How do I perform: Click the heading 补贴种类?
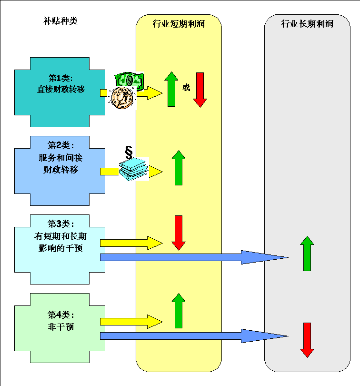[x=60, y=21]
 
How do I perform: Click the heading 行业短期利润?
[x=179, y=23]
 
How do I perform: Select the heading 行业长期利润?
[x=307, y=23]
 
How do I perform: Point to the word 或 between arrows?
[x=186, y=88]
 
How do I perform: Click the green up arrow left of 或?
[x=171, y=89]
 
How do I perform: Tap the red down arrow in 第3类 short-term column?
[x=179, y=233]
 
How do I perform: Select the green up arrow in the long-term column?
[x=307, y=253]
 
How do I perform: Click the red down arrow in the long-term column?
[x=307, y=340]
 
